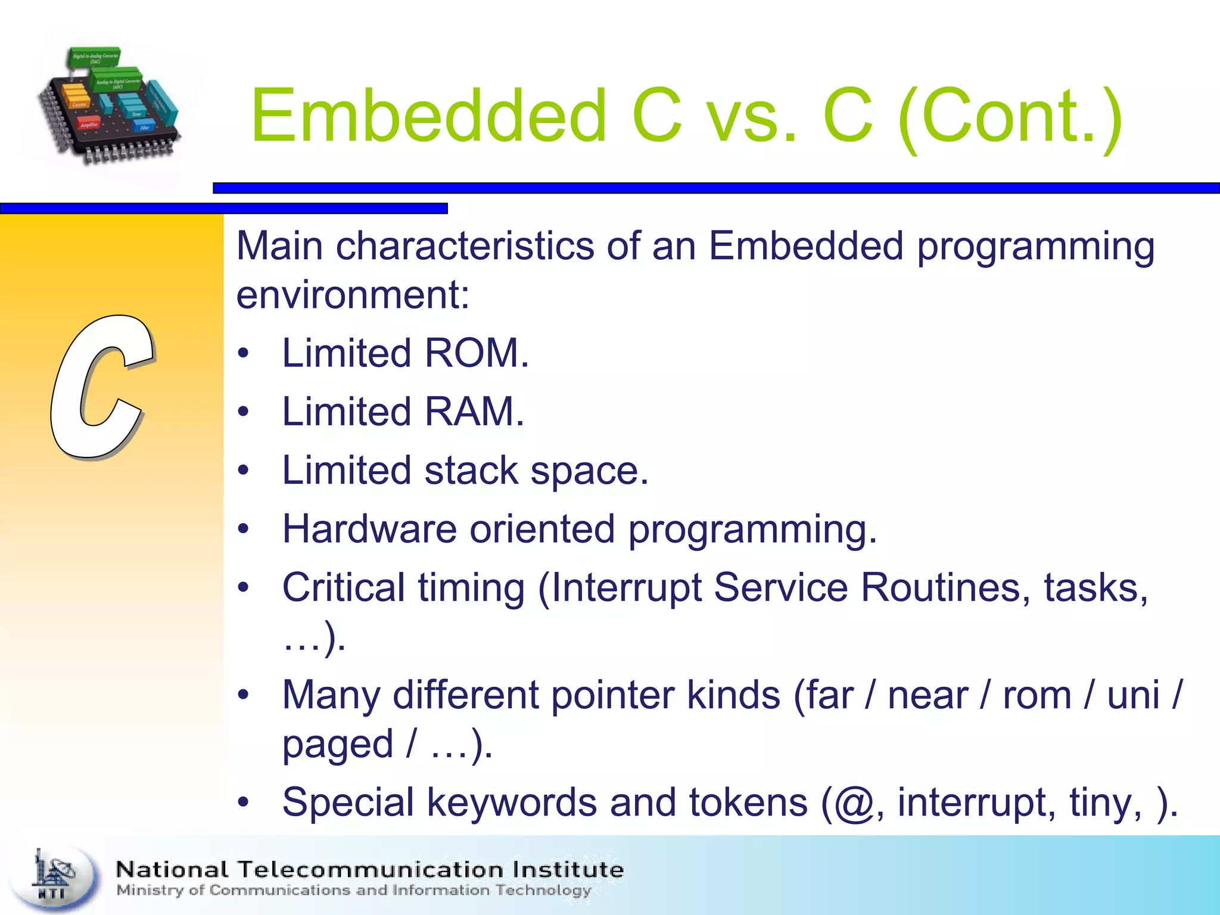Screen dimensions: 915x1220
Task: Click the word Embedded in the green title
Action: click(428, 116)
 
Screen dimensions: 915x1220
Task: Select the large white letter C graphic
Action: click(101, 387)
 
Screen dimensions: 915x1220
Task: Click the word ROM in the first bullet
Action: click(477, 353)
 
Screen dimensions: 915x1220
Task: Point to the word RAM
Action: click(474, 412)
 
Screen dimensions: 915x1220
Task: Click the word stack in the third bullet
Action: click(471, 471)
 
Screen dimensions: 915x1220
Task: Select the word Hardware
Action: click(369, 529)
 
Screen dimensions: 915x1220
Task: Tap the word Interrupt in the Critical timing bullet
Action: click(625, 588)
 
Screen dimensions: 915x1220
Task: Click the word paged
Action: click(337, 745)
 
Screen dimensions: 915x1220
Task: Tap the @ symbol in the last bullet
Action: click(854, 803)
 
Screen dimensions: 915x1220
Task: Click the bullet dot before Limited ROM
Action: click(242, 353)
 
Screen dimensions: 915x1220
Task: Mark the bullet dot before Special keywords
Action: click(242, 802)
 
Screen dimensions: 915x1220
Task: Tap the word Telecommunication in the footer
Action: click(371, 870)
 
